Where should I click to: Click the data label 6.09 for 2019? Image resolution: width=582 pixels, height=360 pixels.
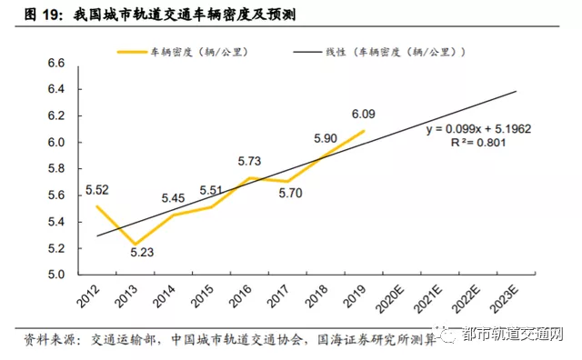click(363, 114)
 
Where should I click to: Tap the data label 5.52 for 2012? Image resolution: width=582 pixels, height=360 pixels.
click(96, 190)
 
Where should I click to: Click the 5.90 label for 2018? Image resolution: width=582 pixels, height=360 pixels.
click(325, 138)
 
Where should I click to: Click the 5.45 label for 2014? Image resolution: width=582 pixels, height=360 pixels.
click(173, 198)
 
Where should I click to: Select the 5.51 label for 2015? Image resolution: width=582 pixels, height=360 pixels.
click(211, 190)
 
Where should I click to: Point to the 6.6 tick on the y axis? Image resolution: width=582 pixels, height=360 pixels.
click(57, 64)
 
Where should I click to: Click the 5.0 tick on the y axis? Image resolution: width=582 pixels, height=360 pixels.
click(57, 275)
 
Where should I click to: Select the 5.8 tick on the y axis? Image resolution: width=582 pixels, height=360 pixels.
click(57, 169)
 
